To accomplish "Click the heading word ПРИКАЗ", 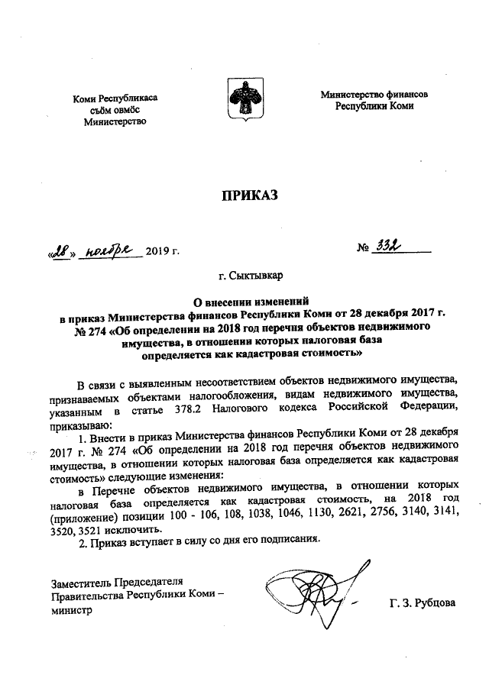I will [x=244, y=196].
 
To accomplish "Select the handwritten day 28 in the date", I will [x=61, y=250].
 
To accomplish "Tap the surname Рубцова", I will [x=432, y=602].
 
